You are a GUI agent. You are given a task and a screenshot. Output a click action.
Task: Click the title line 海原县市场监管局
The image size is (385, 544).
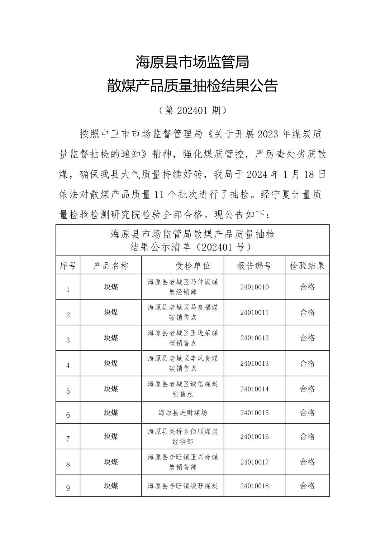click(x=192, y=62)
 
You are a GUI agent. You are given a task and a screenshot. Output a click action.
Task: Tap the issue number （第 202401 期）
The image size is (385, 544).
click(x=192, y=111)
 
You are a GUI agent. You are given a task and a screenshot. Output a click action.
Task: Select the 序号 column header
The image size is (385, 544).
click(x=68, y=266)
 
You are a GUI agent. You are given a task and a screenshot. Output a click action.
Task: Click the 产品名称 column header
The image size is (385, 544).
click(x=111, y=266)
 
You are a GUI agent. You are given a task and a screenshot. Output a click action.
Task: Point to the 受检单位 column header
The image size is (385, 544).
click(x=193, y=266)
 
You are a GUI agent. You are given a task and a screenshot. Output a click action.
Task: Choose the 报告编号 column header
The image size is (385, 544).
click(x=255, y=266)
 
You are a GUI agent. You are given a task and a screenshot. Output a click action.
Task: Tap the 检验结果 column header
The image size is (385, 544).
click(x=307, y=266)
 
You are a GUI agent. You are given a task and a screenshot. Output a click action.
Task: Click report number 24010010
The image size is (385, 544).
click(x=255, y=287)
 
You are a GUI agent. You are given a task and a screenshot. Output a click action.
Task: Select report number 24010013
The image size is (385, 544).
click(x=255, y=363)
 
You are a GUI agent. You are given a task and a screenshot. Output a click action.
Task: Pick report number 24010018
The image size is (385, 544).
click(x=255, y=486)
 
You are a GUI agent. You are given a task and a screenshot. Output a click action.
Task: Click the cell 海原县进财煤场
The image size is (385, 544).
click(x=183, y=413)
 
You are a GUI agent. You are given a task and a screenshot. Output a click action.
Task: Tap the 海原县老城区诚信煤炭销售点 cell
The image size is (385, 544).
click(x=183, y=389)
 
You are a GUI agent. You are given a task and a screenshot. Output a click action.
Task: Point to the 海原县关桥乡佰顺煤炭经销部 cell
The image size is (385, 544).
click(x=183, y=436)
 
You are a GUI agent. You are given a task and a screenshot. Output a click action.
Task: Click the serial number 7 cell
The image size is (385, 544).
click(x=68, y=439)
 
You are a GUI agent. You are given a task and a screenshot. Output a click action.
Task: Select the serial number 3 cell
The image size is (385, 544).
click(x=68, y=340)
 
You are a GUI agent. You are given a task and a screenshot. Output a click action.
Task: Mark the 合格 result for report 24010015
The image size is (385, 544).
click(x=307, y=413)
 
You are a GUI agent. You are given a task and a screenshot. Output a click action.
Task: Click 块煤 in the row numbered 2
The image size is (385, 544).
click(x=111, y=312)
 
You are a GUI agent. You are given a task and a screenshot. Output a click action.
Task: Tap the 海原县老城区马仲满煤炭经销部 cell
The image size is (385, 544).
click(x=183, y=287)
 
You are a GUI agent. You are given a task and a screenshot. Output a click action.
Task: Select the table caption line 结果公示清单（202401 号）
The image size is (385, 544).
click(x=192, y=247)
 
